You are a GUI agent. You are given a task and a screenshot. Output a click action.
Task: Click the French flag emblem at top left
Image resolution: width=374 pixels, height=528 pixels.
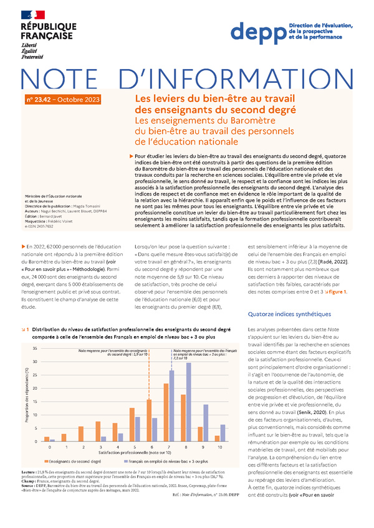pos(32,14)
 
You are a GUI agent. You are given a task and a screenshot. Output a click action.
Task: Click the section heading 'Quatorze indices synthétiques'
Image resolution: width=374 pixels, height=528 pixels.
pos(289,314)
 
